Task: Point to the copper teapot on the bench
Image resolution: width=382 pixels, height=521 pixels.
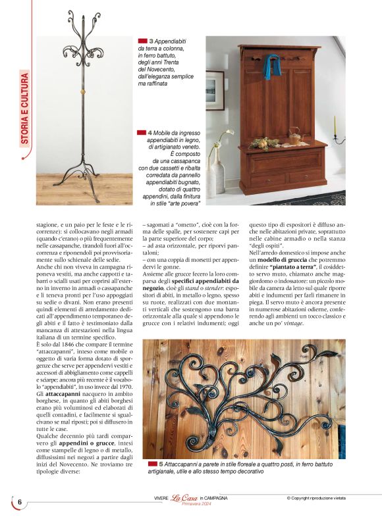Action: click(x=294, y=136)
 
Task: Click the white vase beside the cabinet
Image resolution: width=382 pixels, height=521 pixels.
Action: click(x=217, y=173)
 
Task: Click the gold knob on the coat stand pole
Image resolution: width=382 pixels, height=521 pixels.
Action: click(x=84, y=87)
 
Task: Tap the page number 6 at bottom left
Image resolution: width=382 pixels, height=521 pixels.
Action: click(x=20, y=501)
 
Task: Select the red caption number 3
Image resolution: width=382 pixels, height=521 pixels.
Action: click(x=151, y=41)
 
